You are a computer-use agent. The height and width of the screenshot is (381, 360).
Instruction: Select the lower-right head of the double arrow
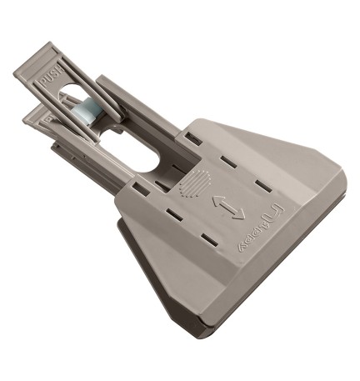click(x=242, y=215)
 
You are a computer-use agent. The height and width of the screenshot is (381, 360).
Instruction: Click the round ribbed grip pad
click(x=194, y=182)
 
